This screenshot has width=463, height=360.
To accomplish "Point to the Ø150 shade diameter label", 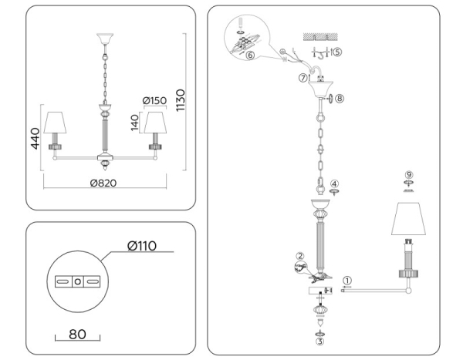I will click(156, 102).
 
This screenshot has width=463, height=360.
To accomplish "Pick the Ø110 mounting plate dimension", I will click(142, 246).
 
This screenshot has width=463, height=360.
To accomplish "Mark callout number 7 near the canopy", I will click(302, 78).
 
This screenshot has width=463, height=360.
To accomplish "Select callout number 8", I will click(340, 98).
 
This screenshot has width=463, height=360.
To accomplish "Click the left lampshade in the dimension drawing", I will click(54, 123).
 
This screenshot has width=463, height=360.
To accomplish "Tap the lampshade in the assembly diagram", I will click(408, 220).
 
